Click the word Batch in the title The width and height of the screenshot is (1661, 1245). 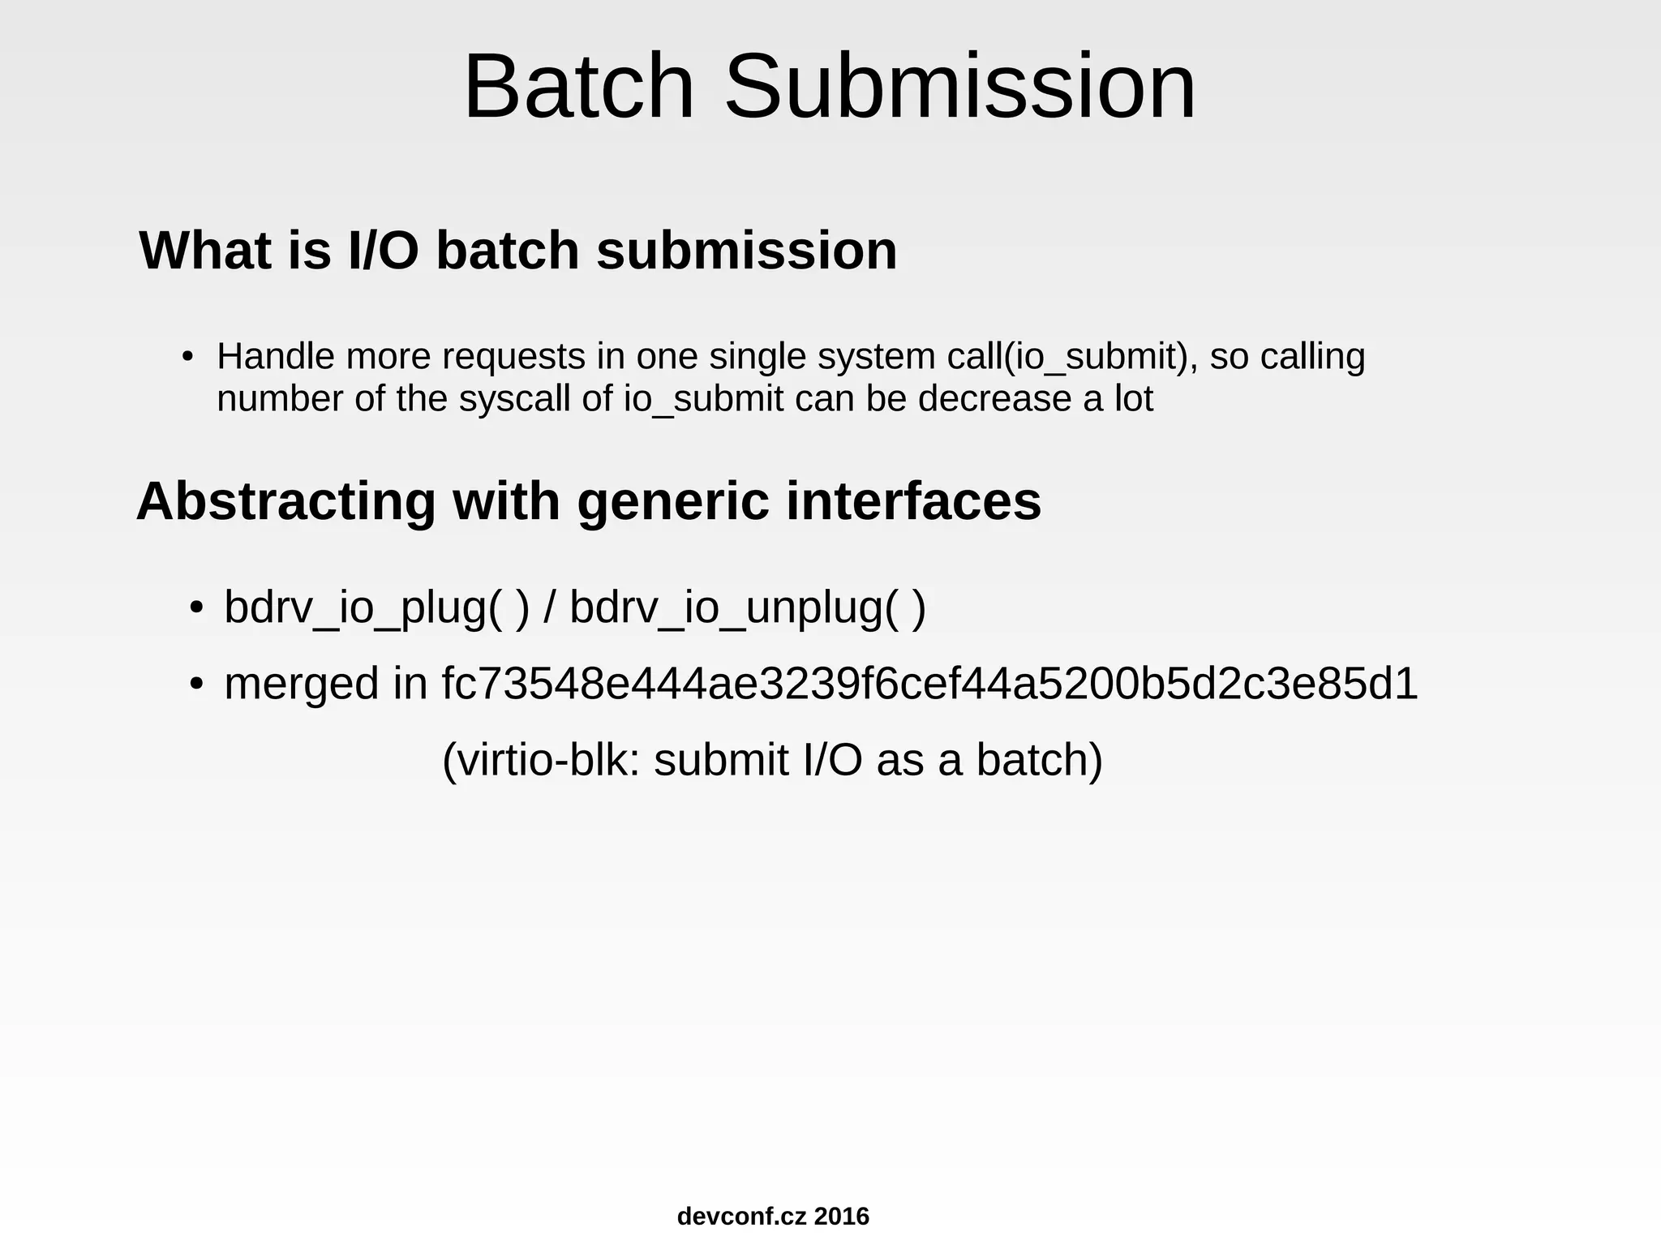click(578, 87)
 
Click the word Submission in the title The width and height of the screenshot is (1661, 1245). click(959, 87)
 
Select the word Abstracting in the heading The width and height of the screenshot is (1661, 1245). click(285, 502)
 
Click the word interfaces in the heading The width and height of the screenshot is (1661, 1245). click(913, 502)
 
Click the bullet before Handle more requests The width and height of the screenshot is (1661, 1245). click(187, 357)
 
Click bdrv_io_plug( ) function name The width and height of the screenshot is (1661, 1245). click(376, 607)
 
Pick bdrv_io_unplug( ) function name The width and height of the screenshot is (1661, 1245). click(747, 607)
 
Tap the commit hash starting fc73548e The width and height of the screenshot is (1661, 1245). click(929, 684)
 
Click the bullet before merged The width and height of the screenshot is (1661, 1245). click(195, 684)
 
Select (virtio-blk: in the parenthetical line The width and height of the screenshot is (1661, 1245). click(540, 761)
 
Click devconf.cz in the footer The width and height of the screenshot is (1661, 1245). click(741, 1217)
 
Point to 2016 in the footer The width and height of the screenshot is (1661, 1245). click(842, 1217)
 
